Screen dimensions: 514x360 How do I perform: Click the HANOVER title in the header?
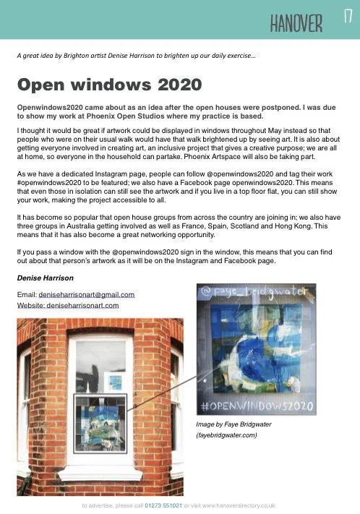point(296,25)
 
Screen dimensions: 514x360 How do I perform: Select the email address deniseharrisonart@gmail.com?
point(87,294)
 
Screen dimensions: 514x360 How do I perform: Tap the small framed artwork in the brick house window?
point(100,421)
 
